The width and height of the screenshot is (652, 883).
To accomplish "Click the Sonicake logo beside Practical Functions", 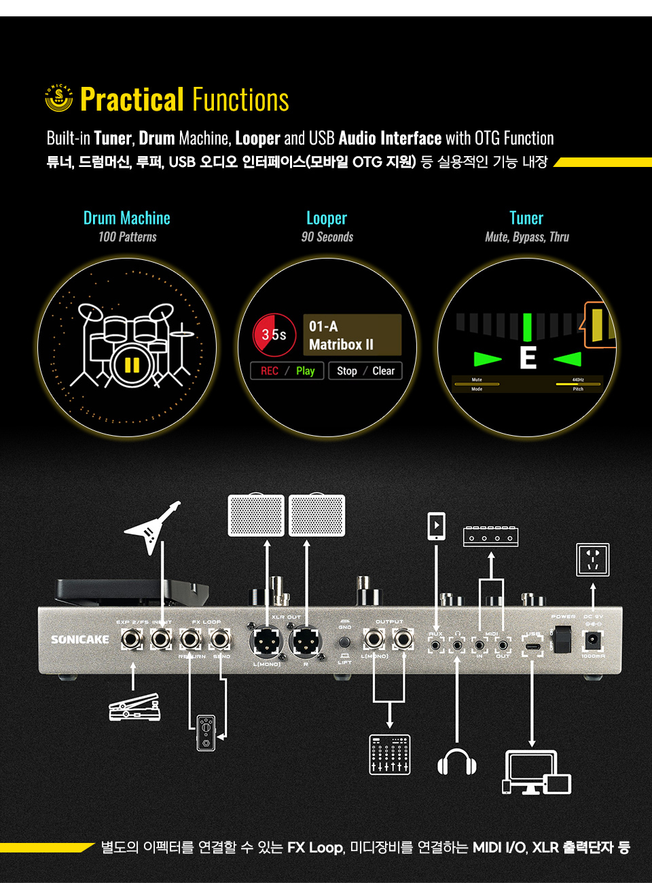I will tap(59, 98).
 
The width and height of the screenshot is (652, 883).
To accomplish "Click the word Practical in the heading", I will tap(132, 100).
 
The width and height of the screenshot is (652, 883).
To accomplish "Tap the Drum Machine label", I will tap(127, 218).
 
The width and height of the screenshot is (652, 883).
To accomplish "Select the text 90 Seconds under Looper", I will tap(327, 237).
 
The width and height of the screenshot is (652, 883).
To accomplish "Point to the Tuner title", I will tap(526, 218).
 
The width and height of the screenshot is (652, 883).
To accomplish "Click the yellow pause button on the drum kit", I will tap(132, 365).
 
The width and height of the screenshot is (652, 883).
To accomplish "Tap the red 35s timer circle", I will tap(274, 335).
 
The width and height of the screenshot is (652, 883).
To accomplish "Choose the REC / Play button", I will tap(287, 371).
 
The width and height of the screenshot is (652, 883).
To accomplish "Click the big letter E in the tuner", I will tap(528, 358).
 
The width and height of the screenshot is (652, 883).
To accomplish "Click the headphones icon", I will tap(456, 762).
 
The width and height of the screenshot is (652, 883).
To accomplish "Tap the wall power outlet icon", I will tap(592, 560).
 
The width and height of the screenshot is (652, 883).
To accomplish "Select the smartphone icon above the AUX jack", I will tap(436, 526).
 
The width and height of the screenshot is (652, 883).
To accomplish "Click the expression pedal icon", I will tap(134, 707).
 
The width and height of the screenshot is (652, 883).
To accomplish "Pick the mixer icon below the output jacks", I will tap(390, 753).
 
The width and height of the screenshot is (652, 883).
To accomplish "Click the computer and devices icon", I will tap(537, 772).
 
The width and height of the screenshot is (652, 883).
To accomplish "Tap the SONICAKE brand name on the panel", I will tap(79, 639).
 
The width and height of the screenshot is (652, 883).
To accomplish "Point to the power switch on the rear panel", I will tap(562, 639).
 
